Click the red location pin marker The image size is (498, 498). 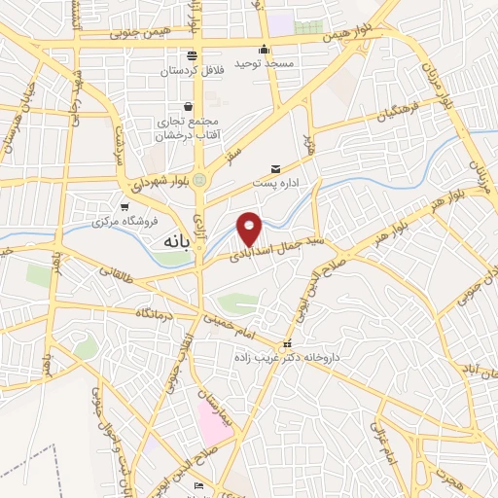click(251, 228)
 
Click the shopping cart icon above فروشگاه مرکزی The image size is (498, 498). click(124, 206)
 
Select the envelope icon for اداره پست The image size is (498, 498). click(275, 169)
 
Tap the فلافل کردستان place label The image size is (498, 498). click(191, 70)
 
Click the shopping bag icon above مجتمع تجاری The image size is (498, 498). click(188, 107)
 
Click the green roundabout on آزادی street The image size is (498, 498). click(199, 179)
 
